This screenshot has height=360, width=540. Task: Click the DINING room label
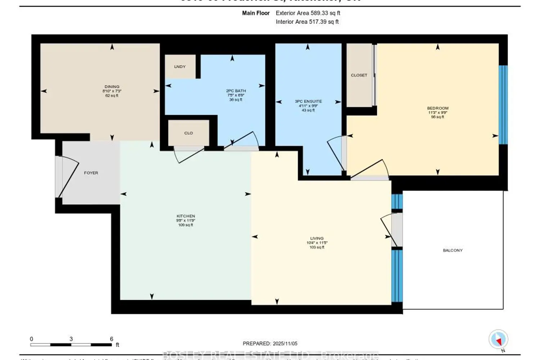point(112,87)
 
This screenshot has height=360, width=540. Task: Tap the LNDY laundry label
point(180,67)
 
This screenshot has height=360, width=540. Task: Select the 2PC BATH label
point(236,91)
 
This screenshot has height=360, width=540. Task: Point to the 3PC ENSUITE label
point(308,102)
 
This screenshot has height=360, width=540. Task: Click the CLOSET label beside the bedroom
point(359,75)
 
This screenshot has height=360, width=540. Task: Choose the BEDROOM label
point(438,108)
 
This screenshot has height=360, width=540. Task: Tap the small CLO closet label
point(189,133)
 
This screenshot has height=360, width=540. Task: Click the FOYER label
point(91,173)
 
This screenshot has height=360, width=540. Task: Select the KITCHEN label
point(186,216)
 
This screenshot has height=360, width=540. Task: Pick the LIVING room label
point(317,238)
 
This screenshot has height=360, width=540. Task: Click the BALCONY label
point(453,250)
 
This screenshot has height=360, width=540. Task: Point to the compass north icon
point(498,339)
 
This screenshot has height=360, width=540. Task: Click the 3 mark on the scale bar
point(71,339)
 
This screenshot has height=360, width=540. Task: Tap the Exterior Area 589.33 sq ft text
point(308,13)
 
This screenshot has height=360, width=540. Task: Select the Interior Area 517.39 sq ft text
point(307,22)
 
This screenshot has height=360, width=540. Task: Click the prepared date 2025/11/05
point(285,343)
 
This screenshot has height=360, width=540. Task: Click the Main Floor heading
point(256,13)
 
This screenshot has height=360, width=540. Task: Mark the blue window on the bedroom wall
point(503,105)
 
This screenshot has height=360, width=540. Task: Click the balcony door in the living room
point(391,230)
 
